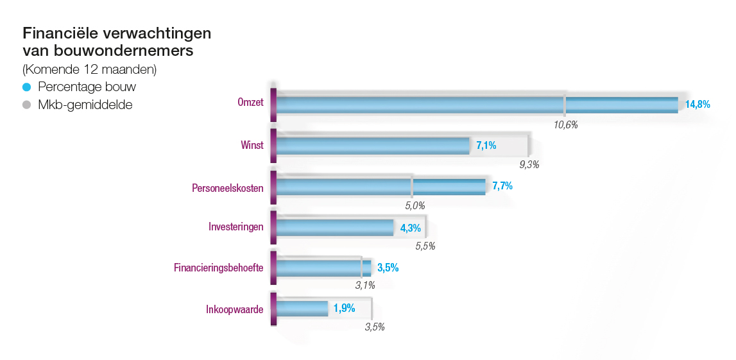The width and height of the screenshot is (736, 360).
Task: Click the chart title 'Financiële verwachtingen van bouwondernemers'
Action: point(117,41)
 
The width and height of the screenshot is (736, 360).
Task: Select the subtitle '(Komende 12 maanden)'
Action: point(89,69)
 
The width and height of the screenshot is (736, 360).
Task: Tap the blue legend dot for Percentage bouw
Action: point(26,87)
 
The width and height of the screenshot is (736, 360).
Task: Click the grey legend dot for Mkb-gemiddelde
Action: point(26,105)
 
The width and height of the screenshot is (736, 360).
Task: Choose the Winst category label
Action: point(252,145)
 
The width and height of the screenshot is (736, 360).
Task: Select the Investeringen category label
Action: point(235,227)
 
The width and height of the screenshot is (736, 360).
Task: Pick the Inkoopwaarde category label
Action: point(234,309)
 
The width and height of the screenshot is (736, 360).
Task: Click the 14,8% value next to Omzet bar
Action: point(697,104)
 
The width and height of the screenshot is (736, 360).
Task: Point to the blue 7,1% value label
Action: point(486,146)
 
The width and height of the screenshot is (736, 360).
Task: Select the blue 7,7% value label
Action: point(502,187)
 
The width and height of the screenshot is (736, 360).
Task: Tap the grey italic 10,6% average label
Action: point(566,124)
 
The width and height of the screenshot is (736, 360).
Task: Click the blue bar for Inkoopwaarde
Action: point(302,309)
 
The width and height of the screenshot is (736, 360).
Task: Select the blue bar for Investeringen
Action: point(334,227)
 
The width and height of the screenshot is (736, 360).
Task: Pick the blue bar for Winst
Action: point(373,146)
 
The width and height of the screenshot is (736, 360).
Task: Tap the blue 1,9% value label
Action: point(344,309)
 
